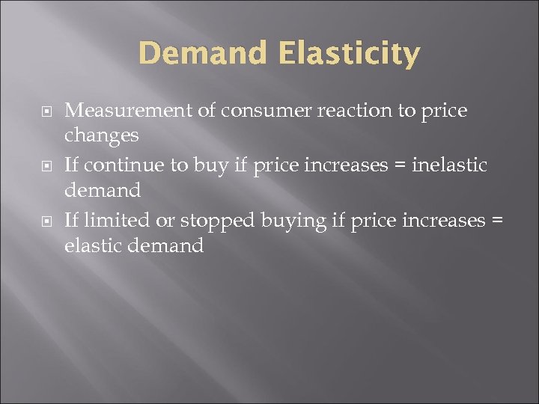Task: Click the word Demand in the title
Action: (x=201, y=54)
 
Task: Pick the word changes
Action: (x=102, y=135)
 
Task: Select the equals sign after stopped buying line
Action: (x=498, y=221)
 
